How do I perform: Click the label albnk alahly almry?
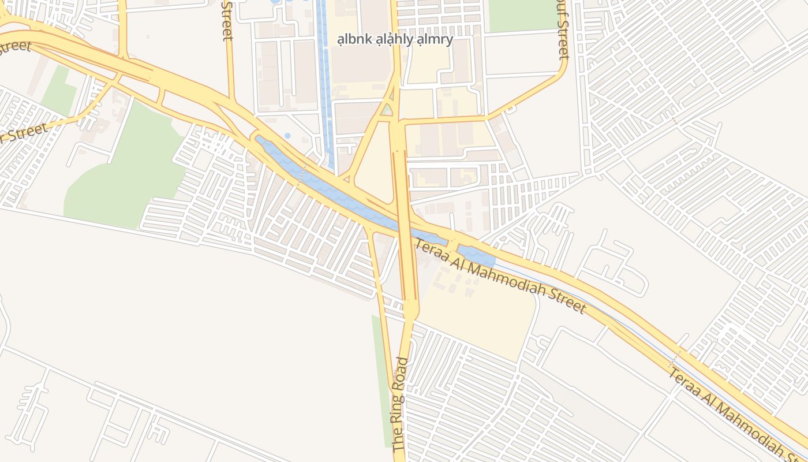[x=395, y=40]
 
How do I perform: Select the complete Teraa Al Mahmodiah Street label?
[x=499, y=277]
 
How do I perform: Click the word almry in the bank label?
[x=436, y=40]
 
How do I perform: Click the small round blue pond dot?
[x=287, y=136]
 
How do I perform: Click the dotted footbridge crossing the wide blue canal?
[x=301, y=174]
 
